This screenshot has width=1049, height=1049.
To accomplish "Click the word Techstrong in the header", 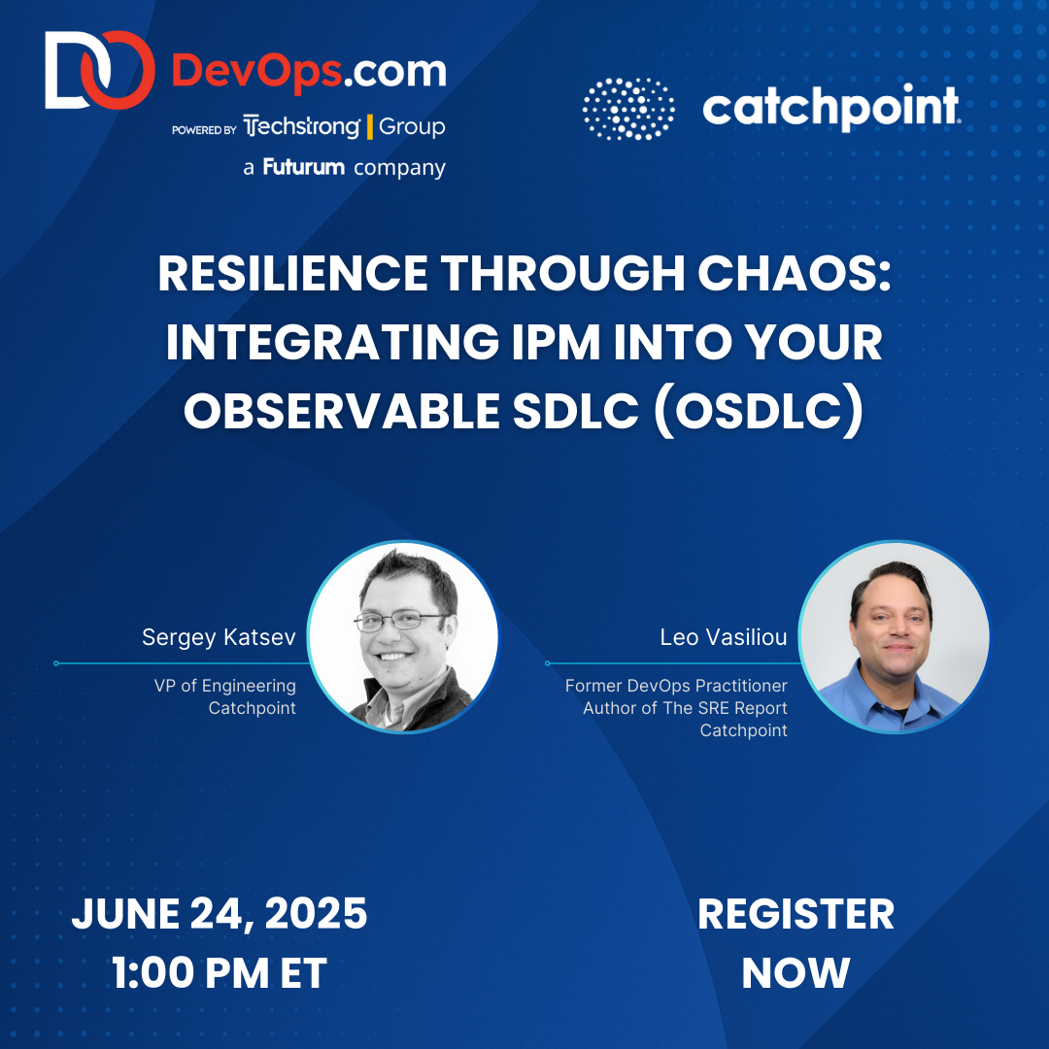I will tap(302, 127).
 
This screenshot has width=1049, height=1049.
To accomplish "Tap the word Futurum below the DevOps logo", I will tap(303, 167).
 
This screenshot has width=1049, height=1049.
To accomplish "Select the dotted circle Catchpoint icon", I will tap(628, 109).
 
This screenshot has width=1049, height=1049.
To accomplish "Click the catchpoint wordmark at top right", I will tap(830, 108).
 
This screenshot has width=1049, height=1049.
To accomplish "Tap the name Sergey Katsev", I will tap(219, 637).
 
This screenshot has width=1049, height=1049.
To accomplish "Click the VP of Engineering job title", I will tap(224, 686).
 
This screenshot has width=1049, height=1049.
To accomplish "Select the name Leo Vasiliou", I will tap(723, 637).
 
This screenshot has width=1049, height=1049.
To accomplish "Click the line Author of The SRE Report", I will tap(685, 708).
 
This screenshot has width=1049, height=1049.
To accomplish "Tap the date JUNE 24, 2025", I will tap(220, 914).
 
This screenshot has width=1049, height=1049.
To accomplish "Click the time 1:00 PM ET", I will tap(220, 973).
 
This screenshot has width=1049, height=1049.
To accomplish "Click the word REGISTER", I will tap(795, 914).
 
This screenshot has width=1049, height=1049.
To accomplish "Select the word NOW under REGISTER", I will tap(795, 973).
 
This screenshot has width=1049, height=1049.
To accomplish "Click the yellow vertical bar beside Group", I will tap(370, 127).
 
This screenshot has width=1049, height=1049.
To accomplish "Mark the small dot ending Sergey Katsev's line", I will tap(56, 663).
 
